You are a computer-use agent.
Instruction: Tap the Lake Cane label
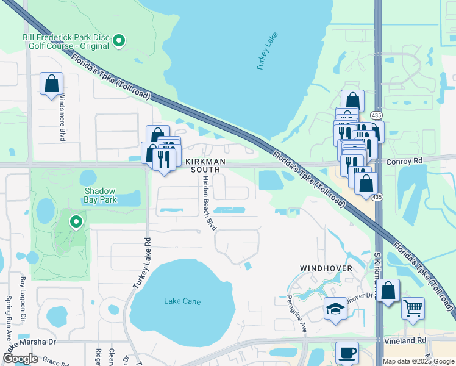coord(180,301)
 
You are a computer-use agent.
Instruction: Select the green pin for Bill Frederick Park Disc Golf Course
coord(119,41)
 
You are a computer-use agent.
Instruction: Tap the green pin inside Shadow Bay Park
coord(76,222)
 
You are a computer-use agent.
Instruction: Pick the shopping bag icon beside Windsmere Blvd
coord(52,83)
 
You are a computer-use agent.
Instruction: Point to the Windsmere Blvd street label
coord(62,120)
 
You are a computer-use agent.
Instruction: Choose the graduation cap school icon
coord(335,309)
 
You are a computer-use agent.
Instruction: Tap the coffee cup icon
coord(347,353)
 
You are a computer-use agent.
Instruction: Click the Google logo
coord(20,358)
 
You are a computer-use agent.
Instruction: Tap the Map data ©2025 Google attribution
coord(418,361)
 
